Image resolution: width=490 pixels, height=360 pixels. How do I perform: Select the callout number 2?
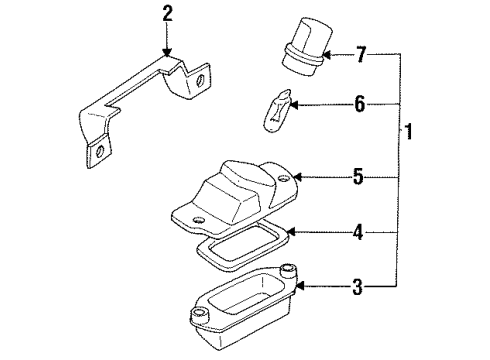point(167,13)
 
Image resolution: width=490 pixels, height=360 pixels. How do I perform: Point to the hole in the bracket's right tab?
point(200,79)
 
